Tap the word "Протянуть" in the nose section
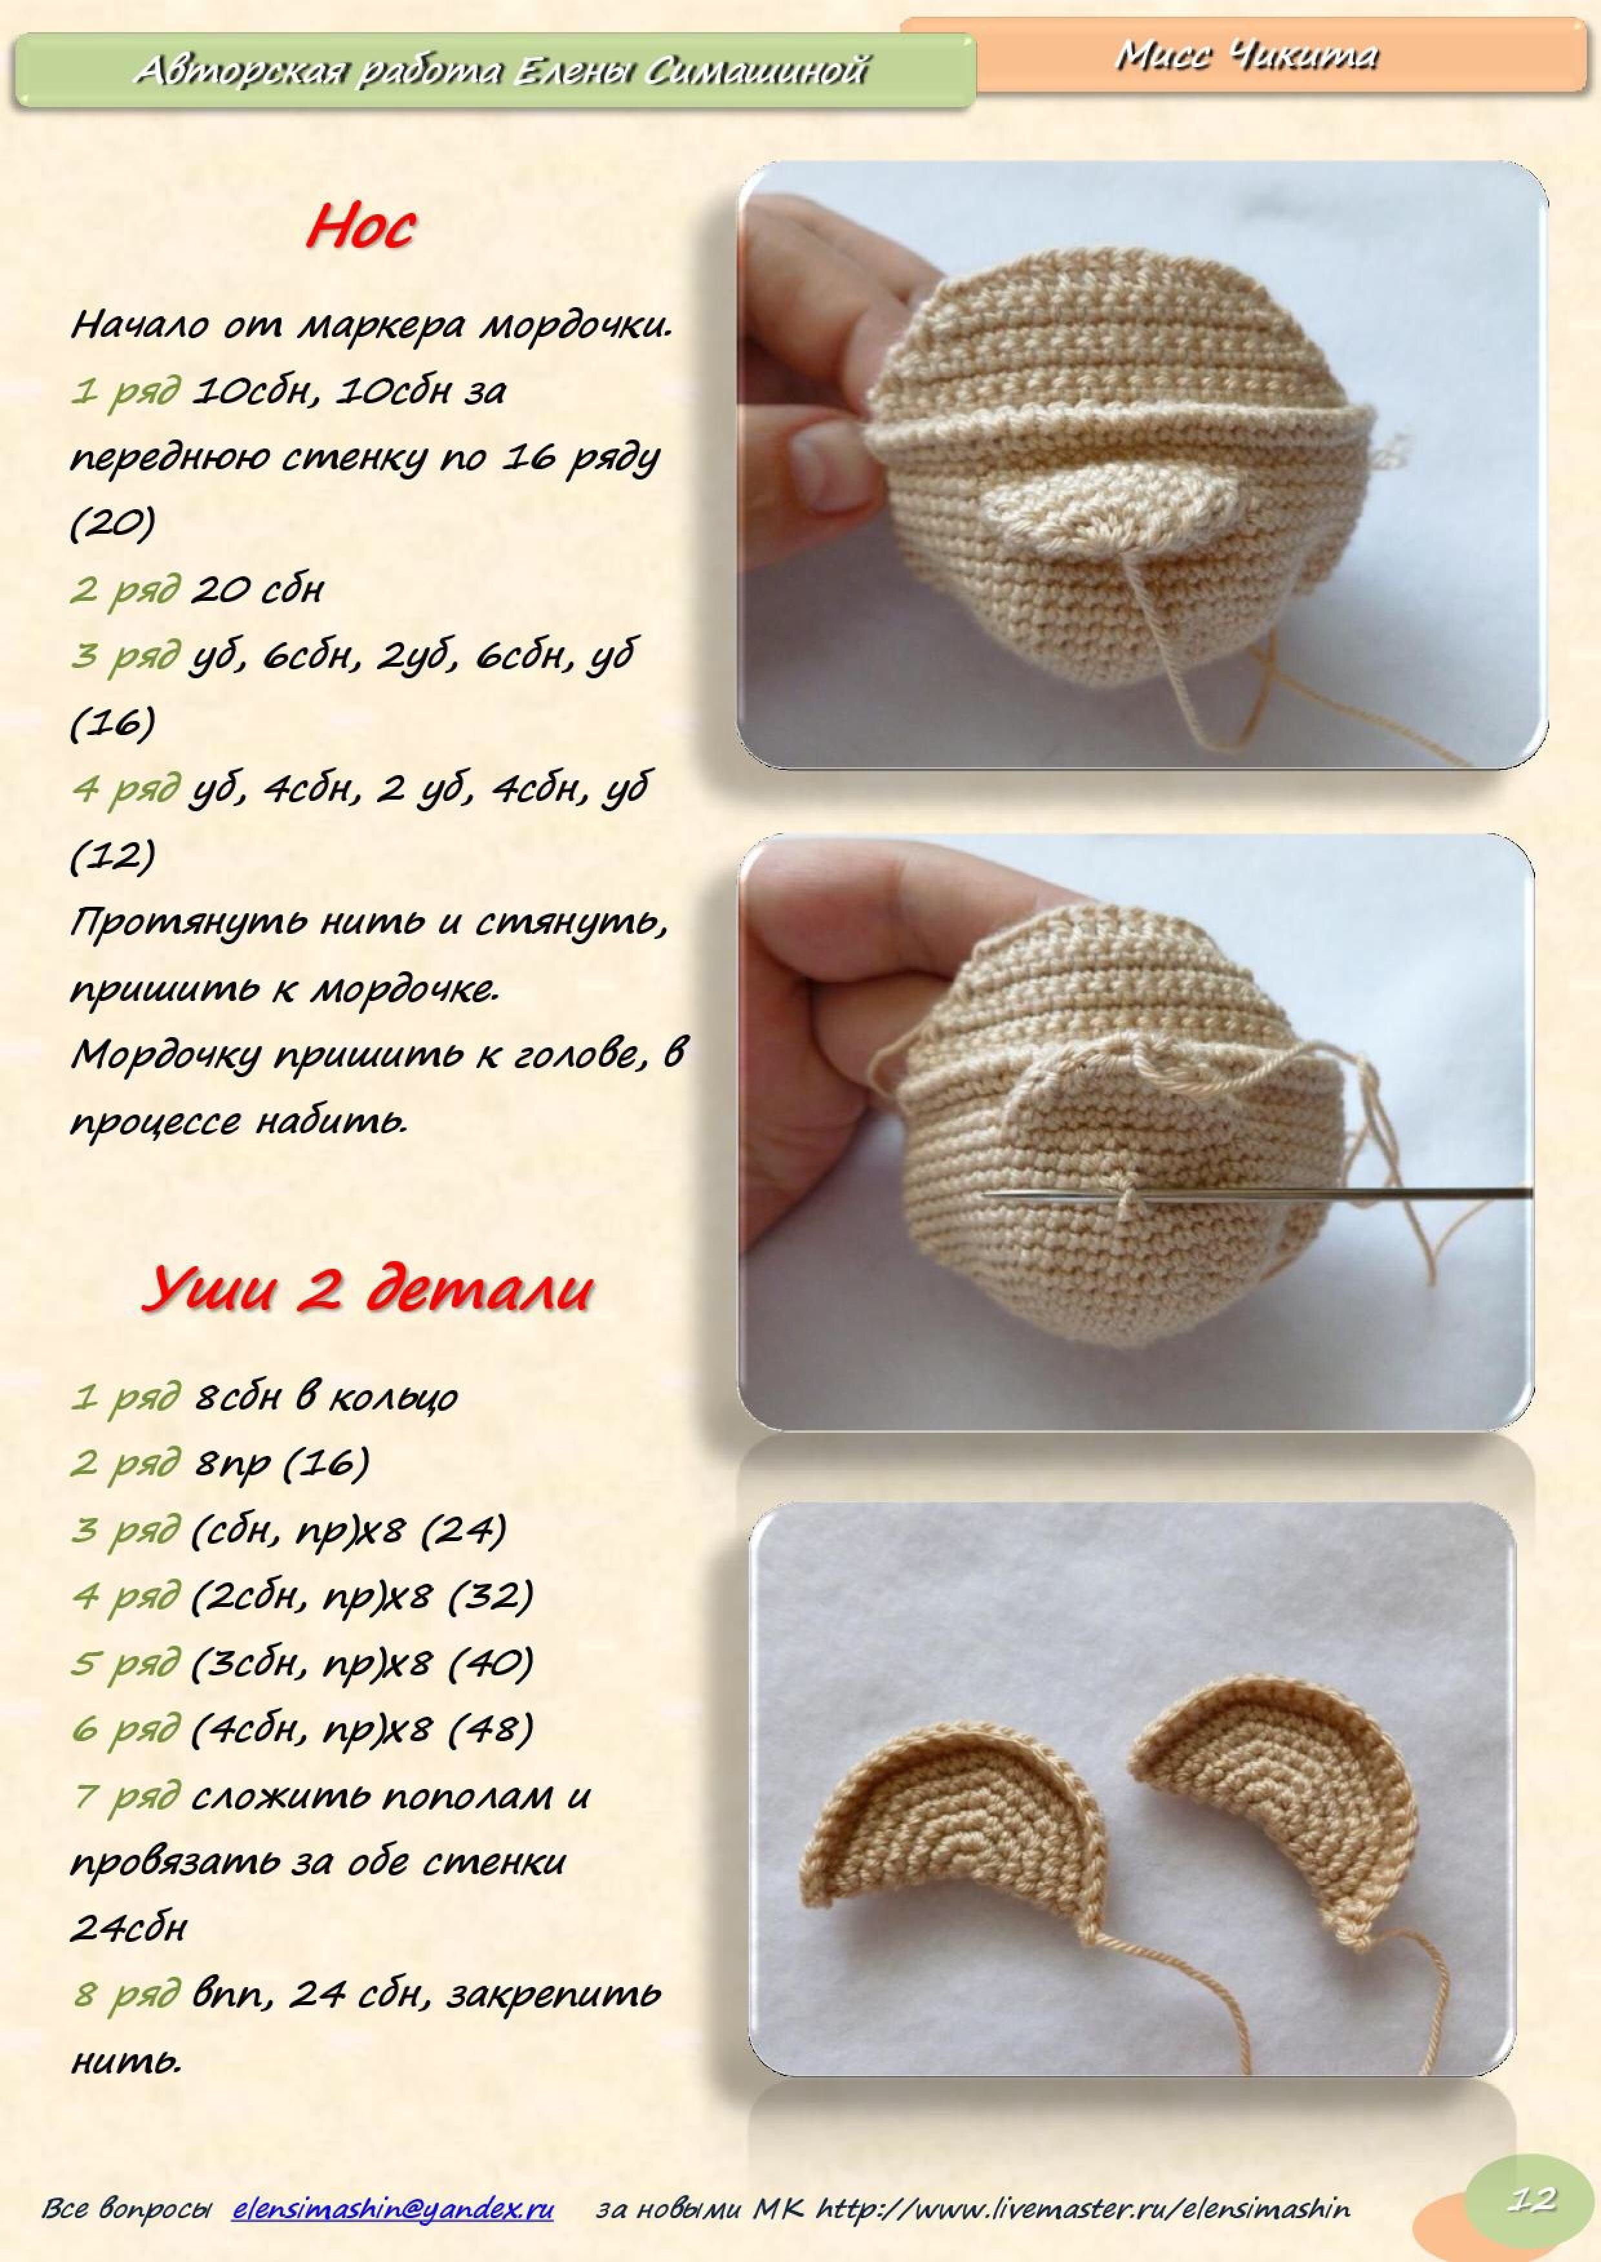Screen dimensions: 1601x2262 click(x=187, y=924)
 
